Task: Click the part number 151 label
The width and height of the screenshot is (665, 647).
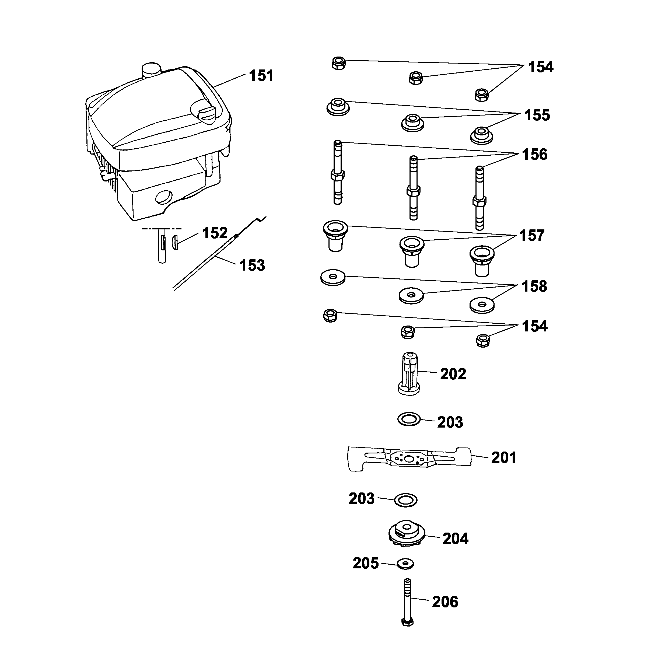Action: tap(261, 75)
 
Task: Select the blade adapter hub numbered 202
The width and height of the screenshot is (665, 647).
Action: tap(409, 374)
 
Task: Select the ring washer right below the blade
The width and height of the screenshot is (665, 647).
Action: tap(406, 500)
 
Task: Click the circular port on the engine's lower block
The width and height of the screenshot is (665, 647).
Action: tap(164, 197)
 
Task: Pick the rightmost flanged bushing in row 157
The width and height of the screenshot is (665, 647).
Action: tap(482, 260)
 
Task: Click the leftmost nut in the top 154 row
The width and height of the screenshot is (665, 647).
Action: tap(338, 63)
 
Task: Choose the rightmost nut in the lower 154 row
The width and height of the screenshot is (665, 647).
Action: tap(483, 340)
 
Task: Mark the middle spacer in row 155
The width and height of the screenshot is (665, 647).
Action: tap(412, 122)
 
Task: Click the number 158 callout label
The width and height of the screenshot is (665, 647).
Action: tap(534, 286)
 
